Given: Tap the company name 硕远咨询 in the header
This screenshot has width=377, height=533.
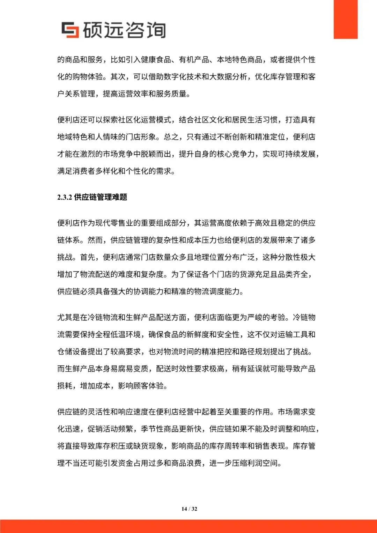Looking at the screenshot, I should [124, 30].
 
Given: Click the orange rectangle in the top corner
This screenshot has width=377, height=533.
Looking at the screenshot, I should [345, 19].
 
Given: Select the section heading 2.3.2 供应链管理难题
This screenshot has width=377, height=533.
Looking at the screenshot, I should [92, 197].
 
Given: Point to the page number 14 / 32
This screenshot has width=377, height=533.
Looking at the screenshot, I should [189, 509].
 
